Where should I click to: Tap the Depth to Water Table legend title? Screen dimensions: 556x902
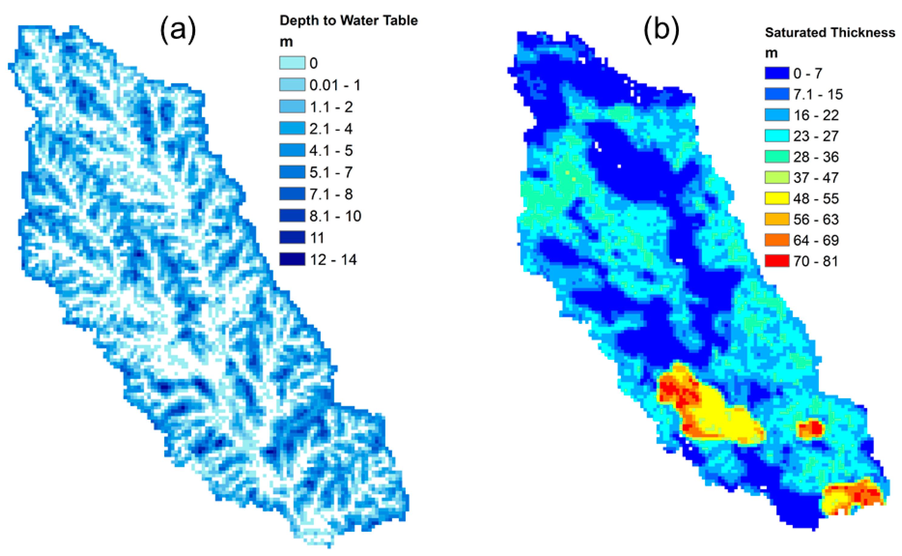348,21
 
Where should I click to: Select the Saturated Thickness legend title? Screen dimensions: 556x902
830,33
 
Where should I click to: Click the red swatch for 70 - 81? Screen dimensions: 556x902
777,261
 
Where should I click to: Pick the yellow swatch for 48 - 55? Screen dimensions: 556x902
777,198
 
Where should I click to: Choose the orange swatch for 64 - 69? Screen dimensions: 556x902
777,240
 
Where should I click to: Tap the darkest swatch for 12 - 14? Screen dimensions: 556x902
292,259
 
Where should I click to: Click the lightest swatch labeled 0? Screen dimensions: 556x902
292,63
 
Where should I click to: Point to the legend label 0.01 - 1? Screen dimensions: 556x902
335,85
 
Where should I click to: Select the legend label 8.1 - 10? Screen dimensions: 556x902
335,216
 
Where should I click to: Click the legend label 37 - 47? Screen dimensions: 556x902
816,178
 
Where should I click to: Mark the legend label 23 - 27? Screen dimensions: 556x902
816,136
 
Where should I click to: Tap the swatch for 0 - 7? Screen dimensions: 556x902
777,73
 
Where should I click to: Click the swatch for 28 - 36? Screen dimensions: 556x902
777,157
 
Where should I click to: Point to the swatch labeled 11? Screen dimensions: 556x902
292,238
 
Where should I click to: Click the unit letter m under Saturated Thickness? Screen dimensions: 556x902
771,54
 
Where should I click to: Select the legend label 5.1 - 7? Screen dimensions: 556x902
331,172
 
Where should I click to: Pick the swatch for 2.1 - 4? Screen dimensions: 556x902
292,128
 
